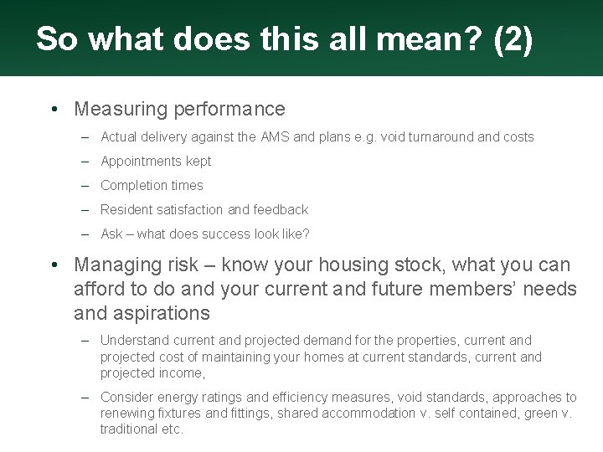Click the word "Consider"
coord(126,397)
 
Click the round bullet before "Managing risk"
coord(54,265)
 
